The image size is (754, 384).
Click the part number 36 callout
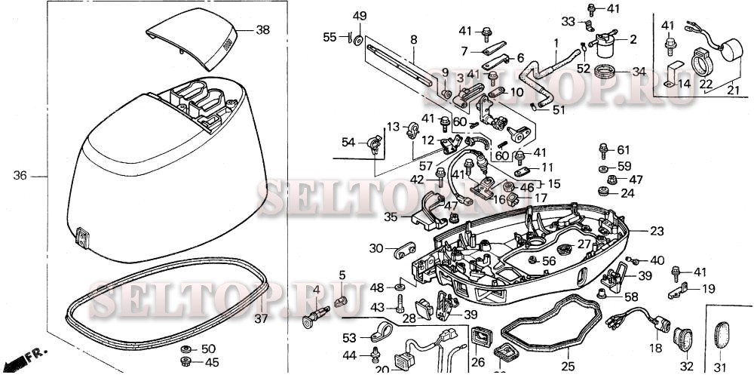(x=20, y=176)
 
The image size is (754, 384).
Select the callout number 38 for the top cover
(x=262, y=31)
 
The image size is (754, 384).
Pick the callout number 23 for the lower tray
(x=657, y=231)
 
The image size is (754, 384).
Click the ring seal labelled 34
(x=605, y=73)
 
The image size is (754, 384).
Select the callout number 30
(x=375, y=248)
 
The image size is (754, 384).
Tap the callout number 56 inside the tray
(x=548, y=260)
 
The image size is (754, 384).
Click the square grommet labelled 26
(x=480, y=337)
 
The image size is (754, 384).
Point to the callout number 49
(x=360, y=17)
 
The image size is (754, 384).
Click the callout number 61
(x=623, y=150)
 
